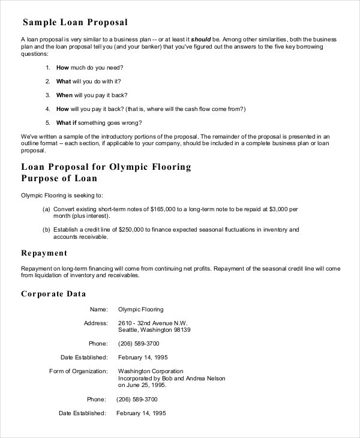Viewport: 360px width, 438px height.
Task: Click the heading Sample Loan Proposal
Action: tap(75, 23)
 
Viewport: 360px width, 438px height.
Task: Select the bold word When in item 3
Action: tap(64, 95)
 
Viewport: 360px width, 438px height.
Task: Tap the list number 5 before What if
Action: tap(47, 122)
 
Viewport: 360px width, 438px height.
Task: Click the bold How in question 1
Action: tap(63, 68)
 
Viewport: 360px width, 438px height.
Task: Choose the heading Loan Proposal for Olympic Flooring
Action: tap(106, 166)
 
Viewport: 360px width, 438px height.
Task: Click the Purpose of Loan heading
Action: tap(59, 179)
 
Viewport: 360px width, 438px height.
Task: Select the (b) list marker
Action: tap(46, 230)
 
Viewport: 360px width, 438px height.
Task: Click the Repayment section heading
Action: tap(44, 253)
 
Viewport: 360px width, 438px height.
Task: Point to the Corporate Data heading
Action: tap(54, 294)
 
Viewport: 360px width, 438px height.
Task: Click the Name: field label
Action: tap(98, 310)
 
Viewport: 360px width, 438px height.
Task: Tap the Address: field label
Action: tap(95, 323)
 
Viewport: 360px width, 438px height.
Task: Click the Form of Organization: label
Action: tap(79, 371)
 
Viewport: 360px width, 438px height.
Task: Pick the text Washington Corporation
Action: tap(151, 371)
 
